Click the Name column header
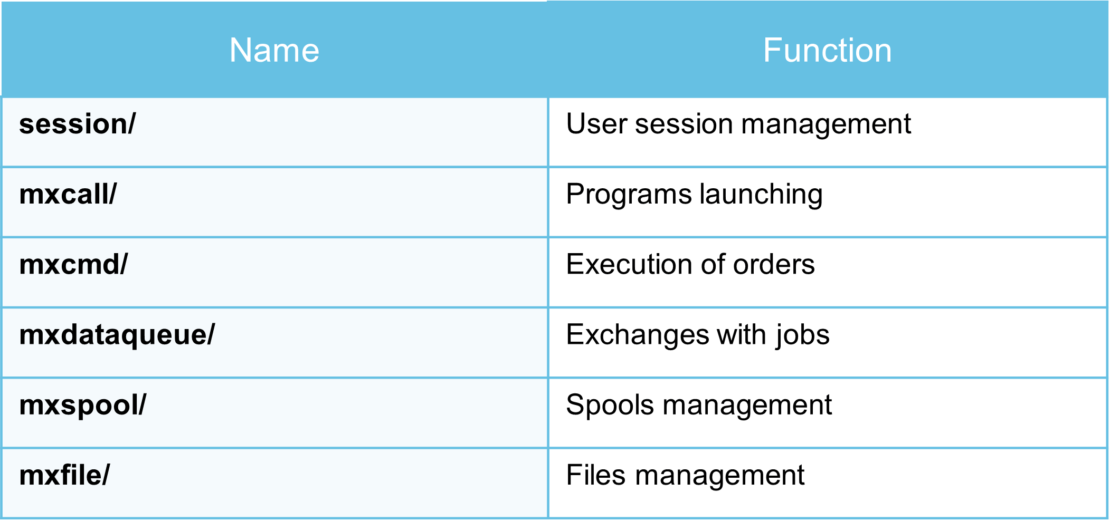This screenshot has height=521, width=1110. click(274, 51)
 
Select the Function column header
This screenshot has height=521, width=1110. click(827, 51)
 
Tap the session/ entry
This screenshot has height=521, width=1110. click(77, 124)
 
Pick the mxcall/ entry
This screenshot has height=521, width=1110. click(68, 194)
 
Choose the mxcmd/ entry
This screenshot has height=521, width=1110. click(73, 264)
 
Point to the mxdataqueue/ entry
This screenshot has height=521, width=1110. click(117, 335)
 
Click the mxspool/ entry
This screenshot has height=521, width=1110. click(82, 406)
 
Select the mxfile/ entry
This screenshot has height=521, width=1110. click(64, 475)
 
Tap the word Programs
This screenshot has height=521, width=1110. click(628, 195)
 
